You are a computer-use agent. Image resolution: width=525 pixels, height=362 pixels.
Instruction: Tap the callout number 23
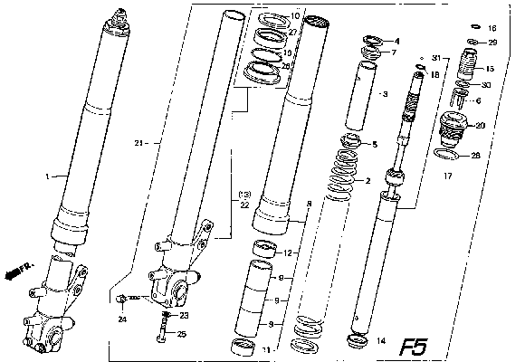184,316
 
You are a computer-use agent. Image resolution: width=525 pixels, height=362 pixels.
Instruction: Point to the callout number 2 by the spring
367,181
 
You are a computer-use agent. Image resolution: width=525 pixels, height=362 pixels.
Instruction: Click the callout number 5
375,144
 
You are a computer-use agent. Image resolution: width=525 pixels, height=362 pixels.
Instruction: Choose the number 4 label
396,41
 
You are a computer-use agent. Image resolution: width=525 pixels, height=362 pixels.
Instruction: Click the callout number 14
380,341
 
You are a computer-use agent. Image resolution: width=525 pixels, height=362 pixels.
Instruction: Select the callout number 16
492,29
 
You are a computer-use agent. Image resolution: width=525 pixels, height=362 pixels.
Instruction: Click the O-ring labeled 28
444,156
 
